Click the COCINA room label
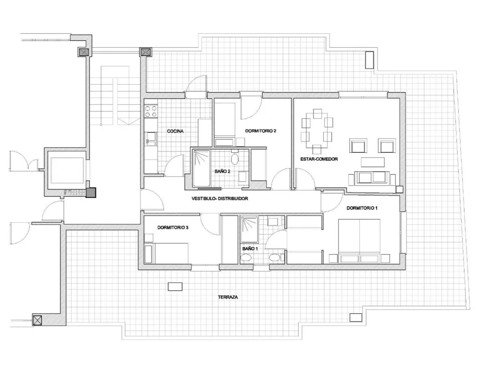(x=175, y=131)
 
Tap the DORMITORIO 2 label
(x=261, y=131)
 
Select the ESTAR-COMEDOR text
(x=319, y=159)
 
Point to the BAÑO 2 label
(x=222, y=171)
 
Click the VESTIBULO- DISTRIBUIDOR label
(x=220, y=199)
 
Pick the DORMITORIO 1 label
(x=362, y=208)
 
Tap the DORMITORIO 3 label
(x=173, y=228)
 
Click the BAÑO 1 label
(x=250, y=249)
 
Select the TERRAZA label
(x=228, y=297)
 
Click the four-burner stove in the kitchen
(x=151, y=111)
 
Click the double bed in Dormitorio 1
(x=359, y=241)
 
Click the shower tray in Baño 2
(x=202, y=168)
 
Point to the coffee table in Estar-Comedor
(x=373, y=162)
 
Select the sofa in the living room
(x=372, y=177)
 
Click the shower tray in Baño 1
(x=249, y=229)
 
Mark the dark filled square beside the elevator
(x=91, y=193)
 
